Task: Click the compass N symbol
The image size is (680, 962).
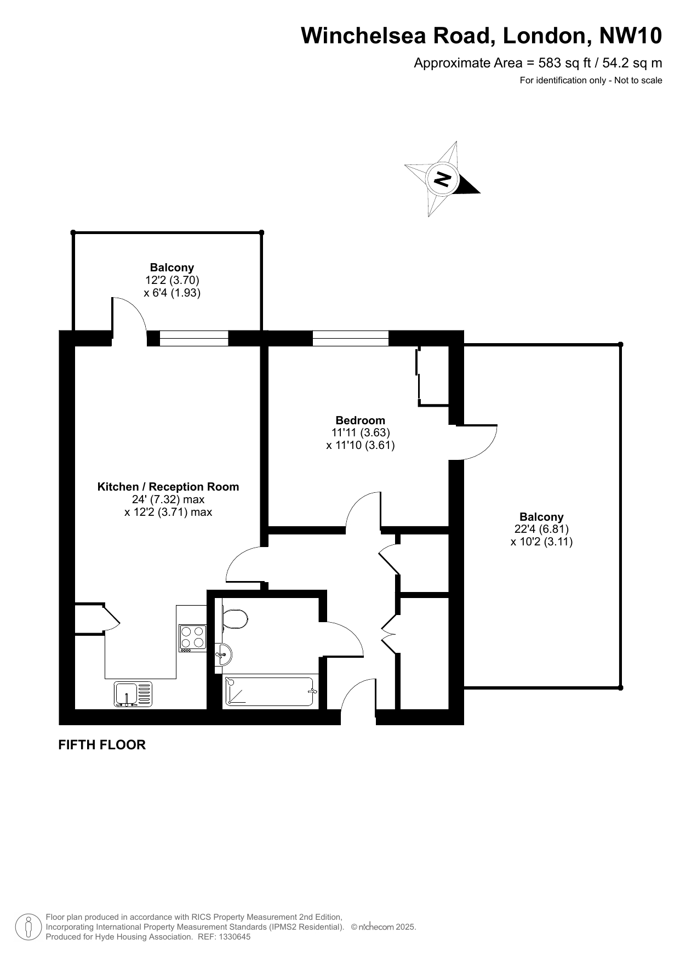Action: [442, 179]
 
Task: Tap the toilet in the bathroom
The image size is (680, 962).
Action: [235, 620]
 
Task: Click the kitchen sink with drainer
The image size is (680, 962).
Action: [133, 693]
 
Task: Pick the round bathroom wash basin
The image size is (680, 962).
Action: [224, 654]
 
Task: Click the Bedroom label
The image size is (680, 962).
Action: [361, 420]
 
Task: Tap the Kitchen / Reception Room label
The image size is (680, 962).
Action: [168, 487]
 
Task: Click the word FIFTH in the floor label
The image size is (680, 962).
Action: [77, 744]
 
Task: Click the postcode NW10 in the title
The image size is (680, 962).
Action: [631, 36]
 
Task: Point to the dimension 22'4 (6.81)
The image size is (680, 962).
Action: [541, 529]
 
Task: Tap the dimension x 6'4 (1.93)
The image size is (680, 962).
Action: [172, 293]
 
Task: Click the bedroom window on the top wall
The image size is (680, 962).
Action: [351, 338]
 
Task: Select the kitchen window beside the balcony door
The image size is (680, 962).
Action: [193, 338]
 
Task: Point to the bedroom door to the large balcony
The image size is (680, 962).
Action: [477, 442]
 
